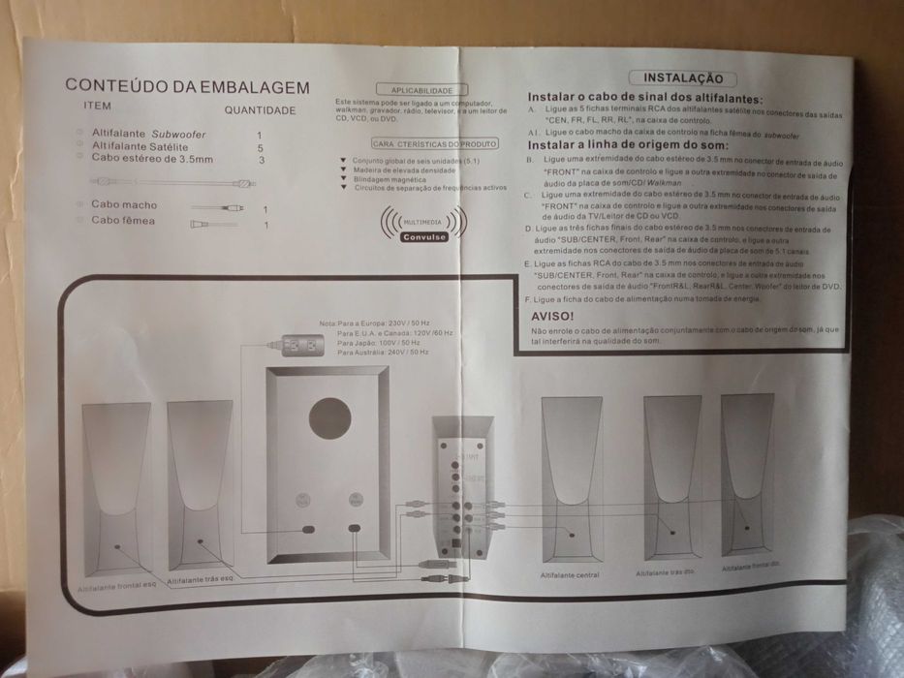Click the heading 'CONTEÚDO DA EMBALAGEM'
coord(187,87)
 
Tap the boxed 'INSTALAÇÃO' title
coord(683,78)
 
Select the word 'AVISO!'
coord(553,316)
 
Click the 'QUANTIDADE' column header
coord(260,110)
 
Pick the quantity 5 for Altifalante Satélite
coord(260,147)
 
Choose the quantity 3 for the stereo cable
coord(262,160)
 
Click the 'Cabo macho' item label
coord(124,205)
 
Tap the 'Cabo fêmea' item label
coord(123,222)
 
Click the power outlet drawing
coord(296,344)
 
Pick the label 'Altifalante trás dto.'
coord(666,573)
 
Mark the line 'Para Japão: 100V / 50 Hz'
coord(379,343)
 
